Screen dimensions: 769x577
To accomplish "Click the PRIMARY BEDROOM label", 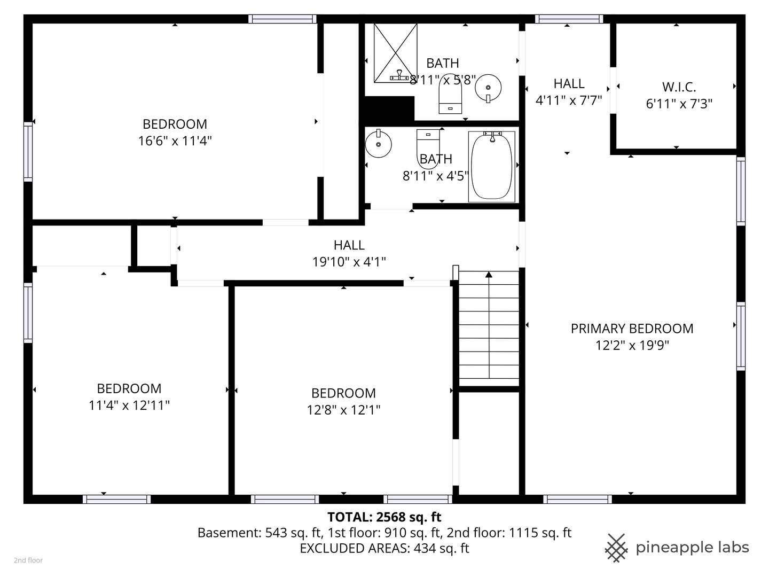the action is tap(632, 329).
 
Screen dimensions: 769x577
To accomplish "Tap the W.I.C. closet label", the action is tap(679, 87).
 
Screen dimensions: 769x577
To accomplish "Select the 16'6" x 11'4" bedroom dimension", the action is tap(175, 141).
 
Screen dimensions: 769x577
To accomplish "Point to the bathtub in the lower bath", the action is tap(491, 167).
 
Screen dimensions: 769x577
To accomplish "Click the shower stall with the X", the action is tap(396, 53).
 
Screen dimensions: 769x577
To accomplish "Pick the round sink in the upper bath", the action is tap(488, 88).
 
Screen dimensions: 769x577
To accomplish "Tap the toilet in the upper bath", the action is tap(450, 94).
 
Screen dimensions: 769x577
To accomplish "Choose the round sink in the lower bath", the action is tap(379, 144).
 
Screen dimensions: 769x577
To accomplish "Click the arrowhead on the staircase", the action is tap(489, 274).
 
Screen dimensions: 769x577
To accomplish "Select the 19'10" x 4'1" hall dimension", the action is tap(349, 262).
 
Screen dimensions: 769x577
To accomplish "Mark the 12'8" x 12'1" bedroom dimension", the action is tap(343, 410).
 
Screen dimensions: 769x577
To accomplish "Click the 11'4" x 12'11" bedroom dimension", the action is tap(129, 406).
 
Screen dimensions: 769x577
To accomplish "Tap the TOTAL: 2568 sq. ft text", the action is tap(384, 517).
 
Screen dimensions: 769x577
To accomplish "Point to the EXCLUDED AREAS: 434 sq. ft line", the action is tap(384, 548).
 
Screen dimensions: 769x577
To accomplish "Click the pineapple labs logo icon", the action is tap(616, 548).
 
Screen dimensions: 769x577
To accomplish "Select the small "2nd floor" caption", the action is tap(28, 560).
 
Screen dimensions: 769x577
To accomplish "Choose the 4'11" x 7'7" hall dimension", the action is tap(569, 100).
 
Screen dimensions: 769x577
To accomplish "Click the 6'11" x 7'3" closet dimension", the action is tap(679, 104).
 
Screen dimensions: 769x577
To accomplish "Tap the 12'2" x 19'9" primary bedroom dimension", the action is tap(632, 346).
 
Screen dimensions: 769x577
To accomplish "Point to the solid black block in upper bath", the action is tap(389, 108).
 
